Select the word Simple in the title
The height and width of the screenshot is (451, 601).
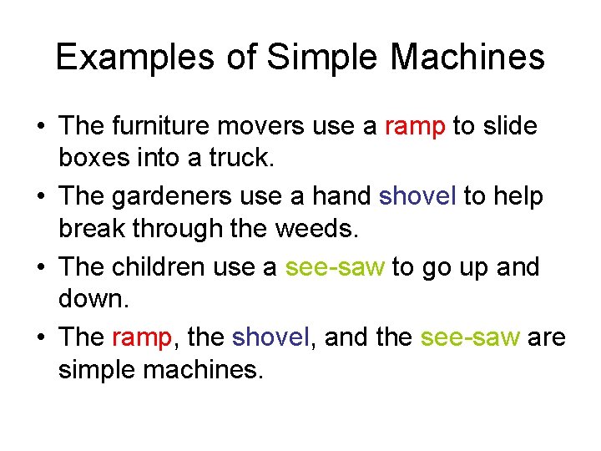311,58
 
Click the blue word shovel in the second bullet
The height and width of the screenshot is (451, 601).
417,196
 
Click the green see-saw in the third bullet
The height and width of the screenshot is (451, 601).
335,267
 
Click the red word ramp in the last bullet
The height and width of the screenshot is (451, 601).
141,337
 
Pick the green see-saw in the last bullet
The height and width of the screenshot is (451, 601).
471,337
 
